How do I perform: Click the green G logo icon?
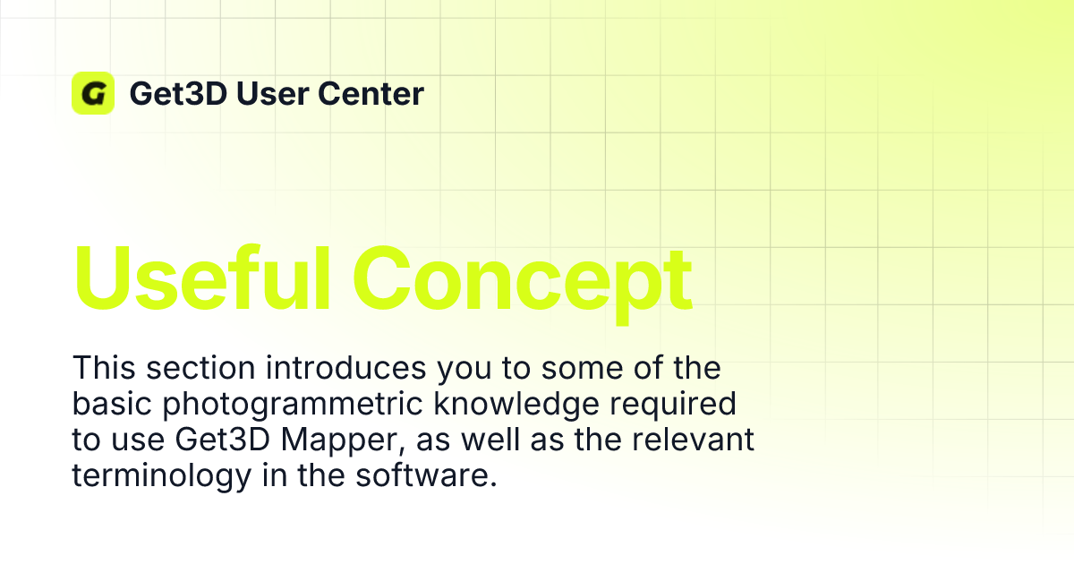93,93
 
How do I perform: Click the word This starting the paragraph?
103,368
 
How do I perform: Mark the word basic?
110,404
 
